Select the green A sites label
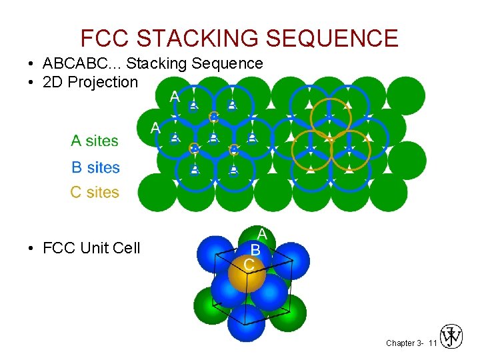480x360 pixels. (95, 141)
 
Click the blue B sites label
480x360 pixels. (95, 167)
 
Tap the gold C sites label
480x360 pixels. (95, 193)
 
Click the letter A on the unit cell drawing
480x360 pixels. (262, 234)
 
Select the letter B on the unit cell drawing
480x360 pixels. (255, 249)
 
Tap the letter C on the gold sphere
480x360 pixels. (249, 265)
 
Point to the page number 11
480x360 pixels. (432, 343)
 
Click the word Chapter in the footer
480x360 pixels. (399, 343)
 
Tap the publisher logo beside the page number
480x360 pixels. (451, 337)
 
